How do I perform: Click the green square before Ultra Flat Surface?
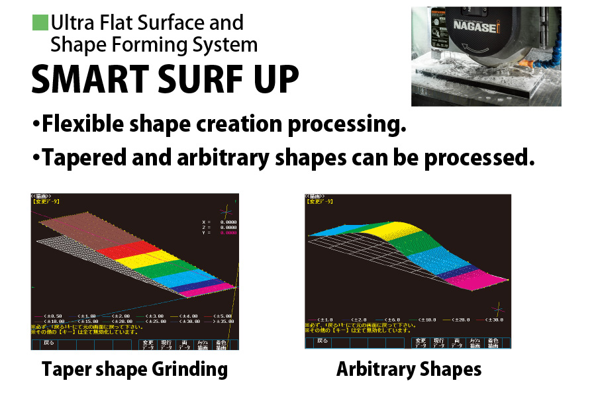coord(40,23)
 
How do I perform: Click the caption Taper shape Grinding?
coord(134,369)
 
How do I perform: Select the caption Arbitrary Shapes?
coord(409,369)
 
